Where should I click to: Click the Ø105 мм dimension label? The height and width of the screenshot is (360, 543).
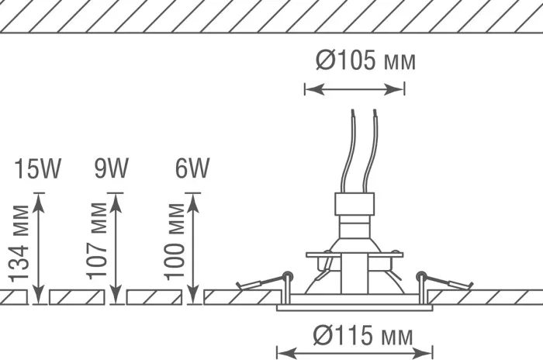[x=365, y=60]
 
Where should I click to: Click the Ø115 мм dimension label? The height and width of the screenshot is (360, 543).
[x=363, y=335]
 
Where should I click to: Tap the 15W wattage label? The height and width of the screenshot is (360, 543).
[x=37, y=168]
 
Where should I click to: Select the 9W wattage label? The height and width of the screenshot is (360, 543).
[x=112, y=168]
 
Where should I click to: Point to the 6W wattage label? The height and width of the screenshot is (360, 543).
[x=192, y=168]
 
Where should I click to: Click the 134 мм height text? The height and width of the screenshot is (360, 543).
[x=19, y=244]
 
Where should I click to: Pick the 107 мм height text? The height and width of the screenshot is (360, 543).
[x=97, y=241]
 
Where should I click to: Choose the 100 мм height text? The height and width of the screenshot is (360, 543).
[x=175, y=241]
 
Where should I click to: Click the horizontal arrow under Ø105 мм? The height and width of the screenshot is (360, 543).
[x=355, y=89]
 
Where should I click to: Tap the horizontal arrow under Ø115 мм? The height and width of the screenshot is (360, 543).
[x=355, y=354]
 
